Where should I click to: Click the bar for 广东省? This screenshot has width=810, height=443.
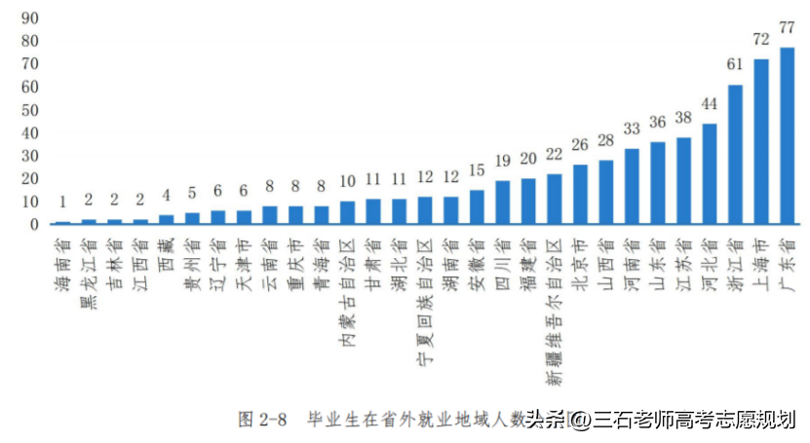point(787,135)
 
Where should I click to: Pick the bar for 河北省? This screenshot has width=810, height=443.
point(710,173)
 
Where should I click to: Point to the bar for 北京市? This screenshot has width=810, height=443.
point(580,194)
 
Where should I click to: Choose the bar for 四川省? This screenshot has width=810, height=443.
point(502,202)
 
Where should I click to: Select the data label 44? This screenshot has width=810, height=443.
point(710,103)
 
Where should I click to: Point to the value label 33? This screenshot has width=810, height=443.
point(632,129)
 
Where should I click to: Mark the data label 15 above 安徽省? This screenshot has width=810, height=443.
point(477,169)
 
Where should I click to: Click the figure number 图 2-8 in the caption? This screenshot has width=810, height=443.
point(262,421)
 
